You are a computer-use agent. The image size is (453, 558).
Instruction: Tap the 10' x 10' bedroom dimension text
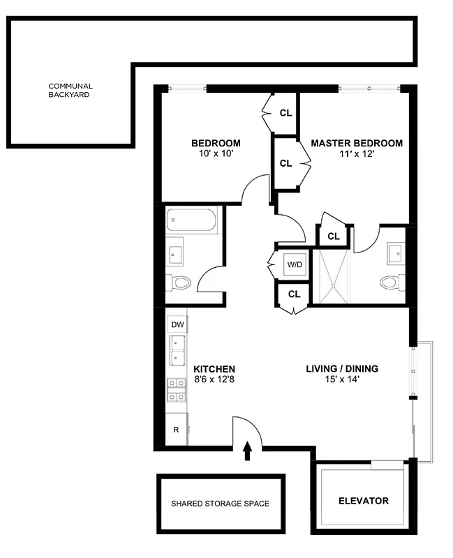click(x=216, y=155)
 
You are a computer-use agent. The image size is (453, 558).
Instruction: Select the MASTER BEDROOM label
click(x=356, y=143)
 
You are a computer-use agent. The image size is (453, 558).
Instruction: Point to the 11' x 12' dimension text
click(x=356, y=155)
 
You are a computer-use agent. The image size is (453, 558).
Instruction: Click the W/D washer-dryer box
click(x=294, y=264)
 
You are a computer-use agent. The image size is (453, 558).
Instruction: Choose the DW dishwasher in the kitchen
click(x=177, y=324)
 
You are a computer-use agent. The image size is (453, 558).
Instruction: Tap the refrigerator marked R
click(x=176, y=430)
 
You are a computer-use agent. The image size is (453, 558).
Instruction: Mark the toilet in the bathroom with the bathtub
click(x=180, y=283)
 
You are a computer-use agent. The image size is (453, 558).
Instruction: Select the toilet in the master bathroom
click(x=392, y=283)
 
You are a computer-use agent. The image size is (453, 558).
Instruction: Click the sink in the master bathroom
click(x=396, y=252)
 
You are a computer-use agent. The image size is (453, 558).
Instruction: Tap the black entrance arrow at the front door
click(x=247, y=451)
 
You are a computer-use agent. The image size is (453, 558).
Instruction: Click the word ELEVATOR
click(x=363, y=501)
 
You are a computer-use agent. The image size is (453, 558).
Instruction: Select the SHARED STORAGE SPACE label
click(x=220, y=504)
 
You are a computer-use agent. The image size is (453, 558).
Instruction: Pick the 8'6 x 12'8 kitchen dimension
click(x=214, y=381)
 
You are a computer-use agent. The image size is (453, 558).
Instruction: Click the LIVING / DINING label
click(x=342, y=368)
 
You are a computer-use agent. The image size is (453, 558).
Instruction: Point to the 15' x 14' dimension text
click(x=342, y=381)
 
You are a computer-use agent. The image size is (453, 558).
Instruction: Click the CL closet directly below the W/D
click(x=294, y=294)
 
